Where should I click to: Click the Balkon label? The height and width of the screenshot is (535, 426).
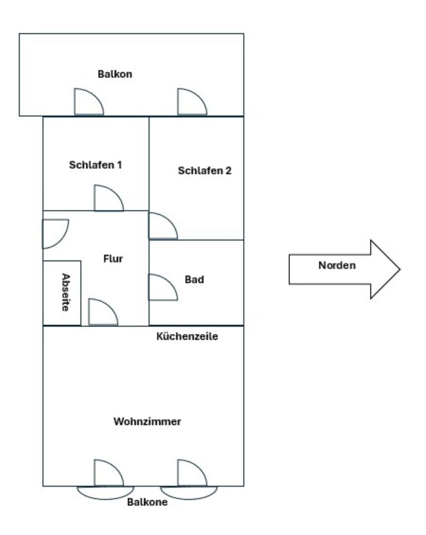coord(115,74)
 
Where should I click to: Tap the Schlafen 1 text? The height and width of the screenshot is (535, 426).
coord(95,165)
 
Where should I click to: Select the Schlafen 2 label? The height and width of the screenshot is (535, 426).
coord(205,171)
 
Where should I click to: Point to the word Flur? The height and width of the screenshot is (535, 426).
coord(113,259)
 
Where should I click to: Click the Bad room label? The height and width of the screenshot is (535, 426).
coord(194,279)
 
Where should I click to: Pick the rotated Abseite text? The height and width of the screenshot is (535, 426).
coord(65,292)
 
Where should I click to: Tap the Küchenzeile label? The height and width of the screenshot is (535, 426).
coord(187,337)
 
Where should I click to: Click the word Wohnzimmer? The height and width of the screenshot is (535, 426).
coord(147,421)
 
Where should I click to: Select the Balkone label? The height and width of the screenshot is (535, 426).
coord(147,502)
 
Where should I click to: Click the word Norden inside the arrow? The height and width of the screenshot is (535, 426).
coord(337,265)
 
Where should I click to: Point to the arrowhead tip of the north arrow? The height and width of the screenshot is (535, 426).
coord(399,270)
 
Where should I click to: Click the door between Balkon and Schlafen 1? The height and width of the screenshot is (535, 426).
coord(88,103)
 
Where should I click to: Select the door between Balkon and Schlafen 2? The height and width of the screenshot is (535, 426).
coord(191,103)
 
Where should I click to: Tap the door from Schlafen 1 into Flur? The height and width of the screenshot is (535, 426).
coord(108,199)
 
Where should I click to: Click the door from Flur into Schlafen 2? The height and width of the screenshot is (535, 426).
coord(162,226)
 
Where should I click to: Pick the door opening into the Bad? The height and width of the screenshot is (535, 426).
coord(162,287)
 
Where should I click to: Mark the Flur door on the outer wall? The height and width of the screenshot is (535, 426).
coord(55,233)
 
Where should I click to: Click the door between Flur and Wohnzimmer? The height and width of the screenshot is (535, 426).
coord(102,313)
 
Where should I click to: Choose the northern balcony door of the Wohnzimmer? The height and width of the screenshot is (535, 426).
coord(191,473)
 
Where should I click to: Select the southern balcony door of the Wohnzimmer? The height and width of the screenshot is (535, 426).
coord(108,473)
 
